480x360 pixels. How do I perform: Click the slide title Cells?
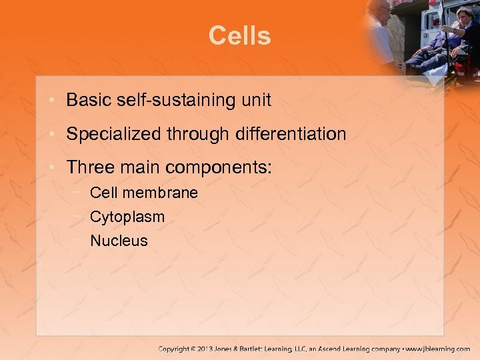click(x=239, y=35)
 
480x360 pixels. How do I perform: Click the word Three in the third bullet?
click(x=87, y=167)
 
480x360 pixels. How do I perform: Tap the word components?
click(x=219, y=168)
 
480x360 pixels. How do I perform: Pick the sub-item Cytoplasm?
click(x=127, y=217)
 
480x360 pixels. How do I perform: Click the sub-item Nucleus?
click(x=119, y=241)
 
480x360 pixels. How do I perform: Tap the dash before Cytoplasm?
click(x=79, y=216)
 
